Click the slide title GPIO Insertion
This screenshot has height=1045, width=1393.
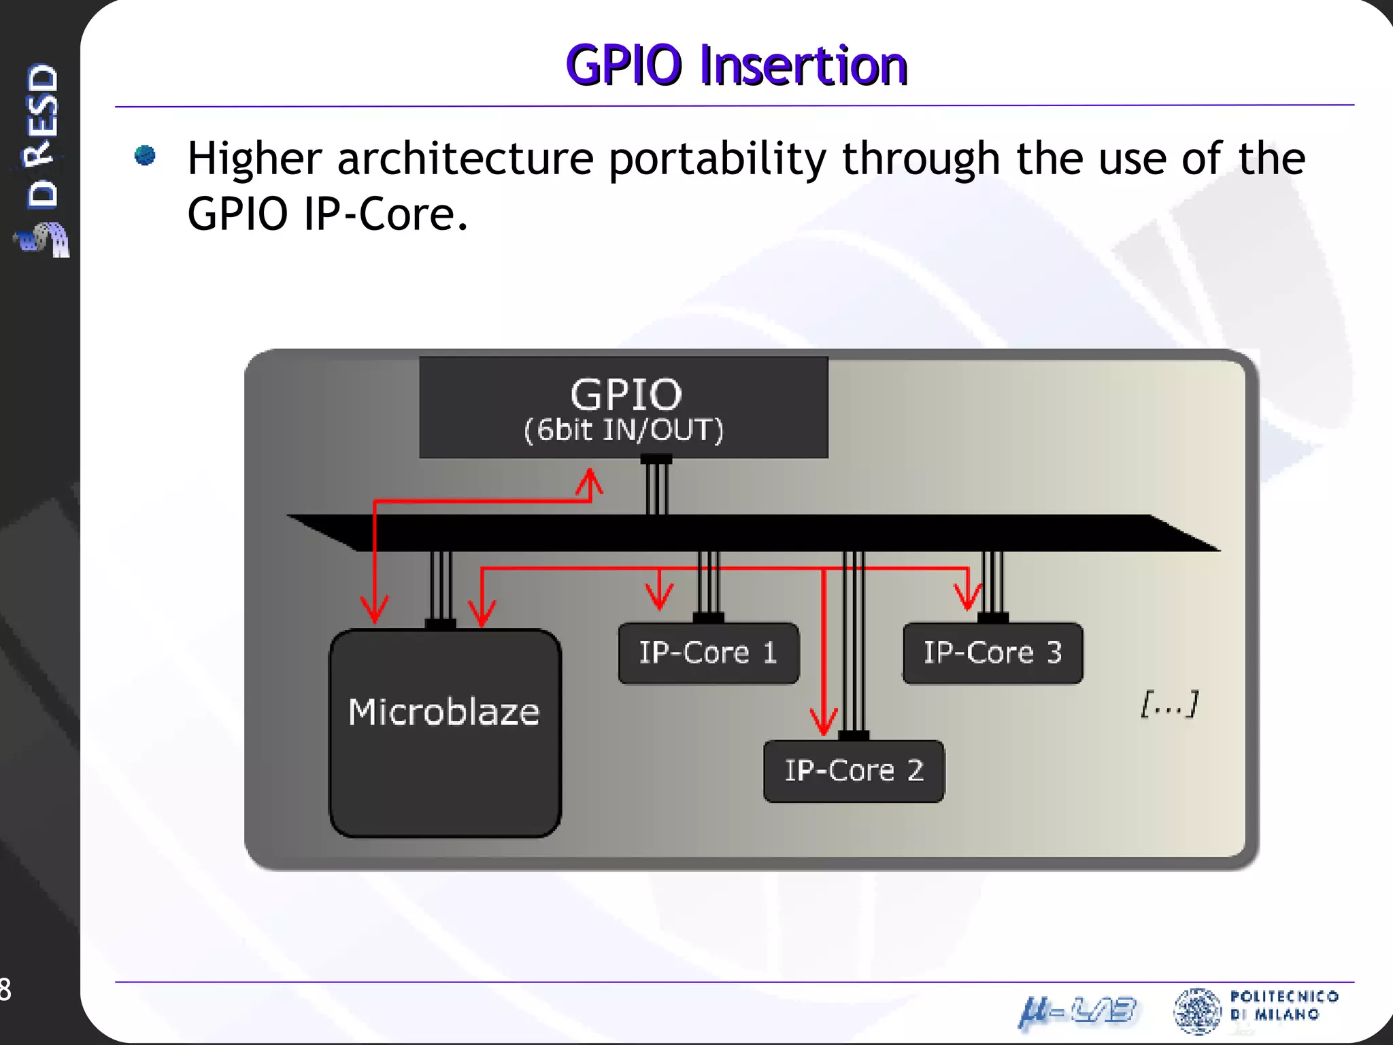737,65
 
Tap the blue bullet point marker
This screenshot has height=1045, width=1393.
145,156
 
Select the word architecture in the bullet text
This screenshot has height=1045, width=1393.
465,159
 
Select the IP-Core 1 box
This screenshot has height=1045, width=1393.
708,653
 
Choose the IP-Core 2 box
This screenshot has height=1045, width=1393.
854,771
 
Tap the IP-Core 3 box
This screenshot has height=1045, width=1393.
992,653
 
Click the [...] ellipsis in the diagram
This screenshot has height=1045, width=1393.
1169,703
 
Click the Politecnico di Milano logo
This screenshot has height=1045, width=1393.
1256,1009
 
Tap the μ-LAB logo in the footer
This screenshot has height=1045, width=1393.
1077,1012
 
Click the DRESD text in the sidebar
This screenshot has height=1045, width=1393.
42,136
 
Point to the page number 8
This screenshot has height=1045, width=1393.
5,989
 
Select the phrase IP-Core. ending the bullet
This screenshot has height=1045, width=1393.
386,215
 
